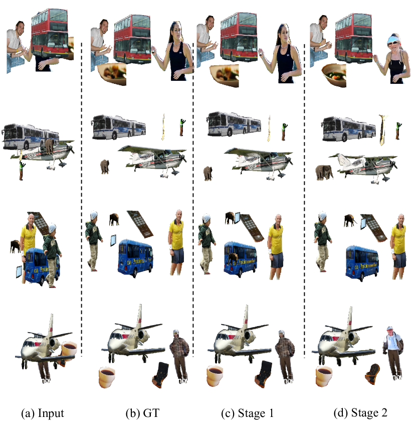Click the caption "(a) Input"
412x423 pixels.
[x=43, y=413]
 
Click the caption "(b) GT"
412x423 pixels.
[x=142, y=413]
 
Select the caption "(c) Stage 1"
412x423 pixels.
[x=248, y=413]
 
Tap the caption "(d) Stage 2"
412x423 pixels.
[x=360, y=413]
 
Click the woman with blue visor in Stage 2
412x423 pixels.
[x=392, y=58]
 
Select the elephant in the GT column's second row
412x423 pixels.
[x=105, y=167]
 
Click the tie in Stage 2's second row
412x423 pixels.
[x=382, y=129]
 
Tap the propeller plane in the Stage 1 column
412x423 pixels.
[x=259, y=163]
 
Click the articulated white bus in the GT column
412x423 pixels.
[x=119, y=127]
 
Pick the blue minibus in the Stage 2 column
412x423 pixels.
[x=362, y=262]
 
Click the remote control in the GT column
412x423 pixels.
[x=140, y=224]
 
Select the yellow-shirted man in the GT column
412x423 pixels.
[x=176, y=242]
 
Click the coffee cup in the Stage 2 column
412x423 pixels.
[x=324, y=376]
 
